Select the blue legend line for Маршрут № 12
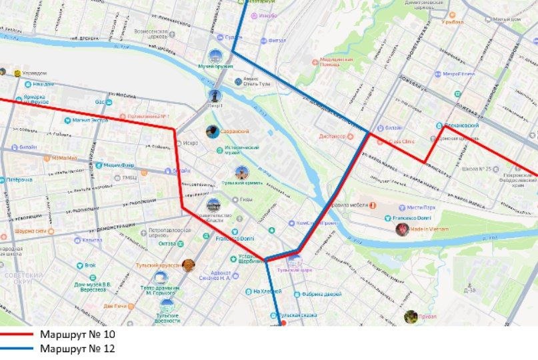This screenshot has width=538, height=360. coord(17,348)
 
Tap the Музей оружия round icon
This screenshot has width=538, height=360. coord(215,57)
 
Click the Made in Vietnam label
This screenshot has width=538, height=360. coord(429,229)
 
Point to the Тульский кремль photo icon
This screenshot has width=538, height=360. coord(241,173)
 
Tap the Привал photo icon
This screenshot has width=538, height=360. coord(411,316)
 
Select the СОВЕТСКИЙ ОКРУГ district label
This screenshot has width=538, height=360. coord(24,278)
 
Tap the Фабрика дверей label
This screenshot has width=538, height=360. coord(316,294)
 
